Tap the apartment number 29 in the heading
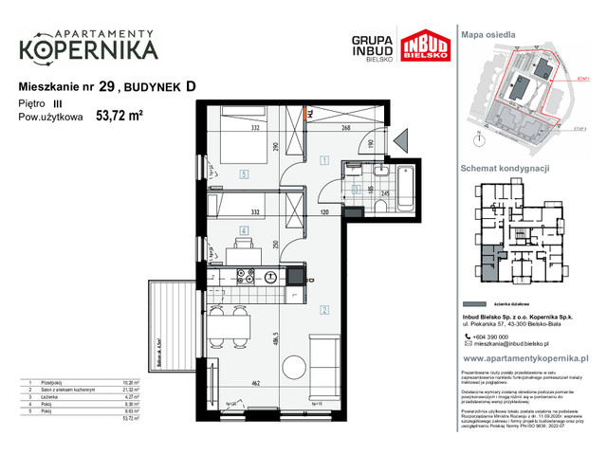[107, 86]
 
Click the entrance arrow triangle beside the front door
[400, 144]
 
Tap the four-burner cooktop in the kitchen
[246, 276]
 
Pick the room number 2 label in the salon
[323, 310]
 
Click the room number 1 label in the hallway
[323, 161]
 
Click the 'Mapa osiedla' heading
[488, 34]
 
